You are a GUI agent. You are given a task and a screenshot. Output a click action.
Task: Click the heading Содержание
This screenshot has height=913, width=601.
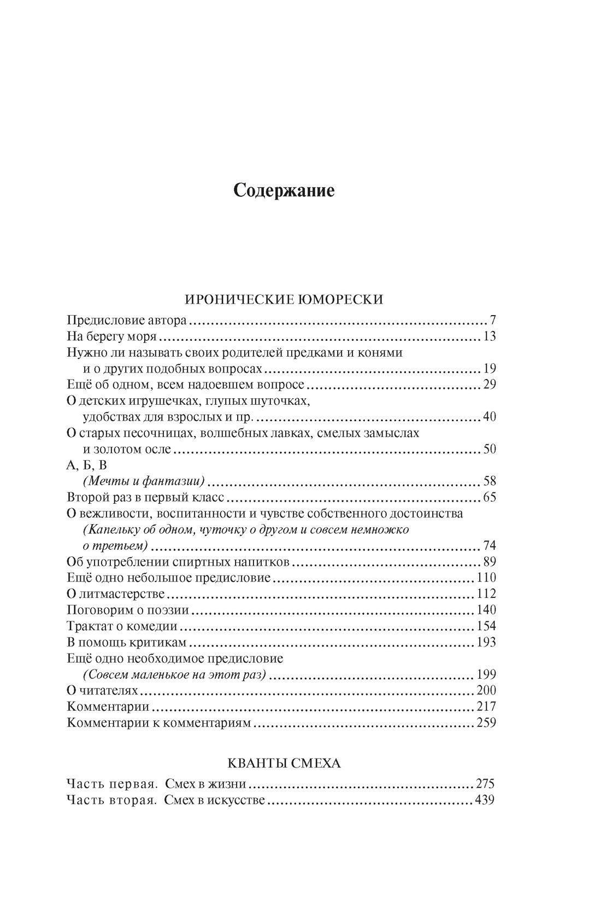(x=284, y=191)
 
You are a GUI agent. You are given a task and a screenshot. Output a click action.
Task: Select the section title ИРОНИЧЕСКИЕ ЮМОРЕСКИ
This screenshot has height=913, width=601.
(x=284, y=299)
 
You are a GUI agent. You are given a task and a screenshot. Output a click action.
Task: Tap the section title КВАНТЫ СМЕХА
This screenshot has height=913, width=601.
(x=284, y=763)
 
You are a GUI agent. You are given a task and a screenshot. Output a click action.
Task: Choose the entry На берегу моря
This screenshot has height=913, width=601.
(x=111, y=336)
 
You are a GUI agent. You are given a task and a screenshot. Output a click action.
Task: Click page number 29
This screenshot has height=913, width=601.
(x=489, y=385)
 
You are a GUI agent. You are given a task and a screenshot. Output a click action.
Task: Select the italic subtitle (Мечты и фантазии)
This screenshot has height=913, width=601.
(x=144, y=481)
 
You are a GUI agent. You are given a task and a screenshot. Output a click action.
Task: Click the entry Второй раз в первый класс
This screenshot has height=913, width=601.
(x=146, y=498)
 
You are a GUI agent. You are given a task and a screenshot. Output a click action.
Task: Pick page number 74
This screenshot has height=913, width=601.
(x=489, y=546)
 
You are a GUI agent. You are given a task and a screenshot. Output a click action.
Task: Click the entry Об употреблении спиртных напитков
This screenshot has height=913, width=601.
(x=178, y=562)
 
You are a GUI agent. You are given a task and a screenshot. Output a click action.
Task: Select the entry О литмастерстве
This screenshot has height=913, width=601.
(x=115, y=594)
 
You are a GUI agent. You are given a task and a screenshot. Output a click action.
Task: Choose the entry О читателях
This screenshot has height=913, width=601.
(x=102, y=690)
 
